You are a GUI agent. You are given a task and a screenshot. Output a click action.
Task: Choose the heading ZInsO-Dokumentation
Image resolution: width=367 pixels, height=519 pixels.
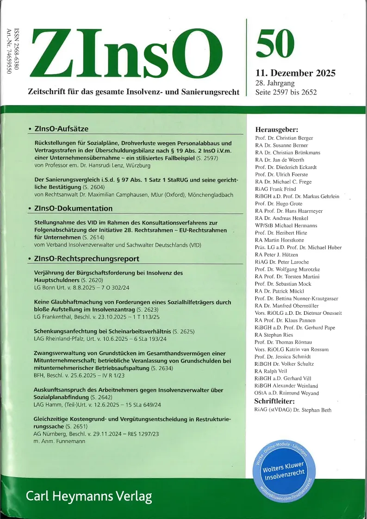click(x=73, y=208)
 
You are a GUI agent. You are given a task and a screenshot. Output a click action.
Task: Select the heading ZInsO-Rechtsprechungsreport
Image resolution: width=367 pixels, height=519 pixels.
click(x=87, y=258)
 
